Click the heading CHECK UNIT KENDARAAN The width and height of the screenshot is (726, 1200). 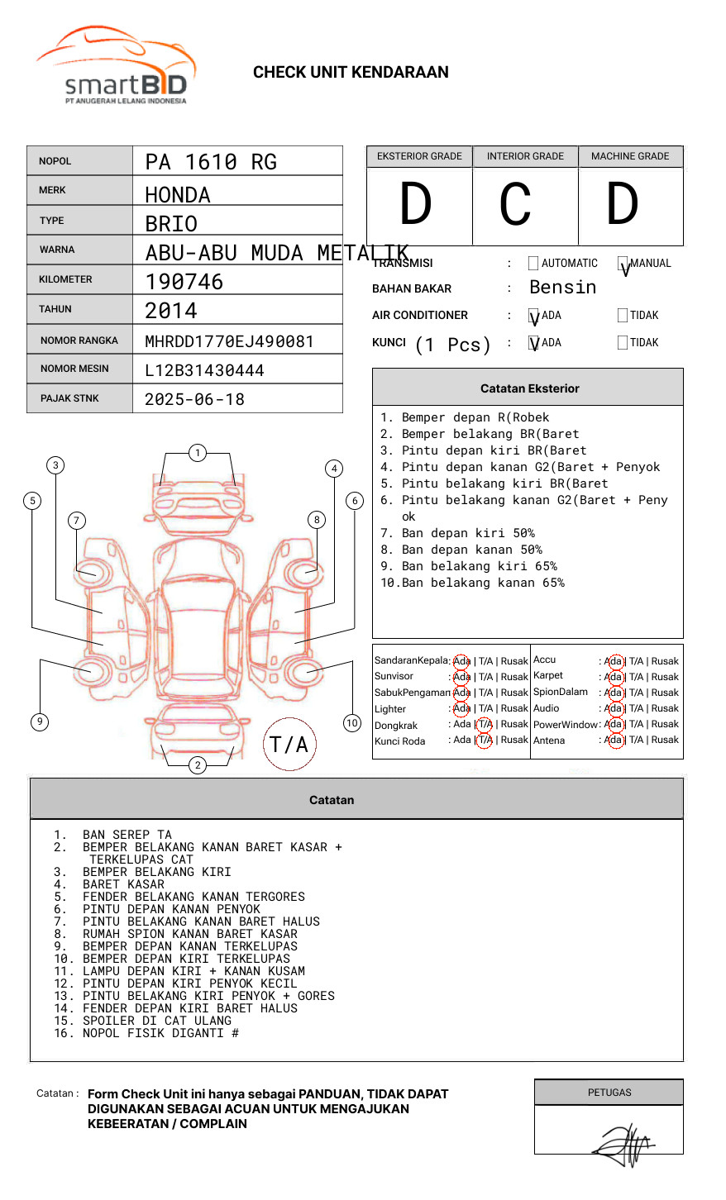(351, 73)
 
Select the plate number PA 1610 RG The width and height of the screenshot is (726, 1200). (211, 162)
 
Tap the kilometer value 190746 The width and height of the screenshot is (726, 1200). (184, 282)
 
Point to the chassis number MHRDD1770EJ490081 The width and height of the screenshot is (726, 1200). (229, 341)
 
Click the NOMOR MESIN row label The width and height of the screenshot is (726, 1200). (74, 369)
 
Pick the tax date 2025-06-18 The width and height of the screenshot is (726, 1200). (194, 399)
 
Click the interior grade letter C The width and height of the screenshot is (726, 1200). (515, 204)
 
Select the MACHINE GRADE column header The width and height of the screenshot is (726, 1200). (630, 156)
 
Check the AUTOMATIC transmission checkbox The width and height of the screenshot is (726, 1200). (533, 264)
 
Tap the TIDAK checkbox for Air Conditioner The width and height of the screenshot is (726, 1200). (623, 315)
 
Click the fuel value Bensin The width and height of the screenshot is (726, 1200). (562, 288)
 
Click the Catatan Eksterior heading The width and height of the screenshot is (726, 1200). (529, 388)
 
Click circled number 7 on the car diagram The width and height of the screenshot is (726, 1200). (77, 520)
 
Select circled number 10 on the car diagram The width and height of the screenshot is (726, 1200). (352, 723)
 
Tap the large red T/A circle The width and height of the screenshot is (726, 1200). (289, 744)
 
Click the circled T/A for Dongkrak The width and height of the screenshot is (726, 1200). (485, 725)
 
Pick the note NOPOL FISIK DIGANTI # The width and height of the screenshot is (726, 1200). (160, 1033)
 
